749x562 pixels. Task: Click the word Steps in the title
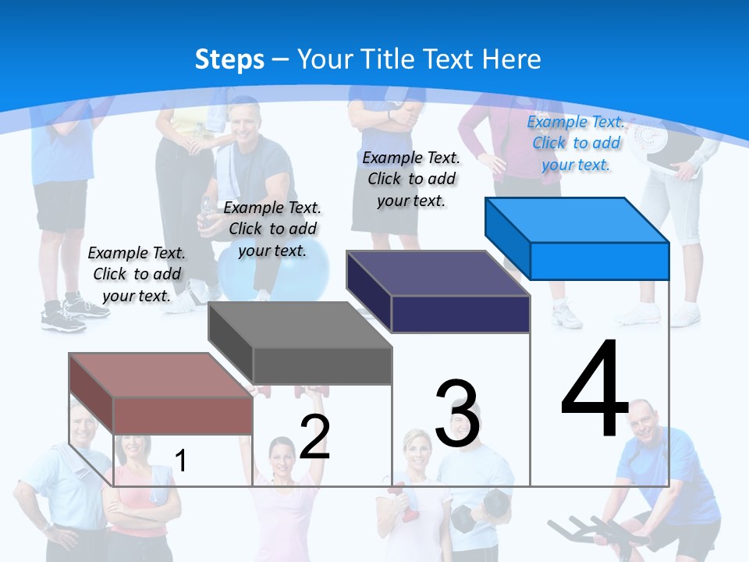click(x=229, y=59)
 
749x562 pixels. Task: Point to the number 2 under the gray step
click(x=314, y=436)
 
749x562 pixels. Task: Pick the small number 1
click(x=180, y=461)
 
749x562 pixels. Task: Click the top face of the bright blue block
click(x=577, y=219)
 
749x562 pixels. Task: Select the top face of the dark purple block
click(x=438, y=273)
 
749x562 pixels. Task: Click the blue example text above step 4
click(x=576, y=143)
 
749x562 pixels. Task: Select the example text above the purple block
click(x=411, y=179)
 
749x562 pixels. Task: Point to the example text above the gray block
click(x=272, y=229)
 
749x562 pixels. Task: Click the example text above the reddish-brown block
click(x=137, y=274)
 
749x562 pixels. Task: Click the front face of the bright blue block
click(x=599, y=261)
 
